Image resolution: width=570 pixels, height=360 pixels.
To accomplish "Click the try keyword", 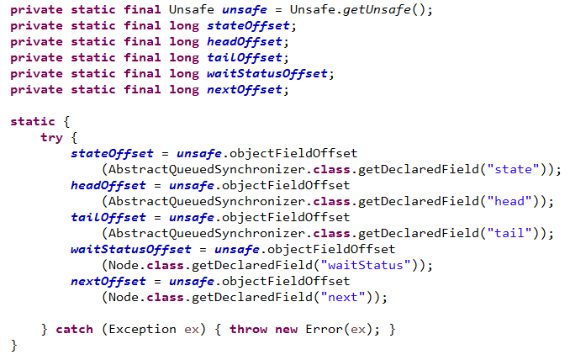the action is pos(51,137).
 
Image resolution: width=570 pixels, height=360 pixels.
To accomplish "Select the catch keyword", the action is pos(74,329).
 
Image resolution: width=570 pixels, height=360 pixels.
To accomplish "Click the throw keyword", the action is pos(248,329).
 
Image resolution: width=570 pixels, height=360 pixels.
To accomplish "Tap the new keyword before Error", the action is pos(287,329).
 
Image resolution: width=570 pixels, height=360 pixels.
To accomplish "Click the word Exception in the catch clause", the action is pos(144,329).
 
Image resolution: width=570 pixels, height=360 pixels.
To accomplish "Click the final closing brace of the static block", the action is pos(13,345).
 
